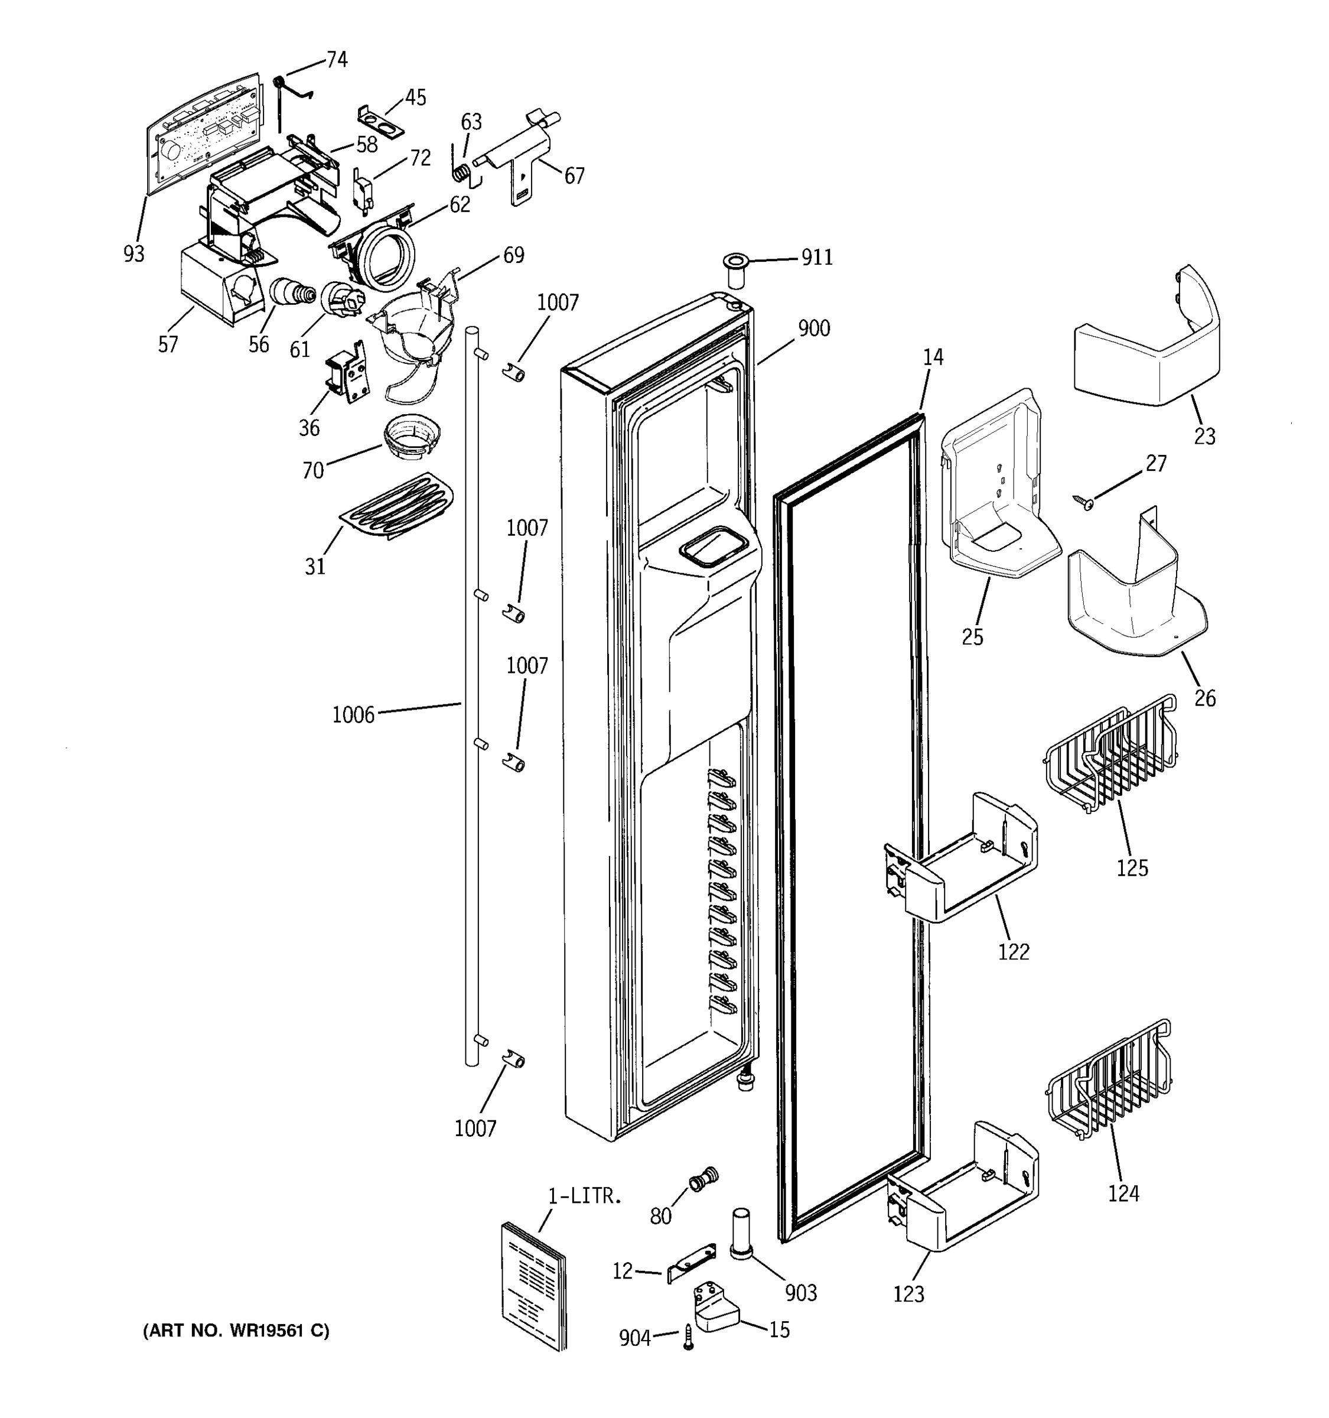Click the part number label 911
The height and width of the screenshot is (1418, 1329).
816,257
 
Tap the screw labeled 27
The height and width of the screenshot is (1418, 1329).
1086,503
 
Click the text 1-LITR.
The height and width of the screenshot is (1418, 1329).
585,1197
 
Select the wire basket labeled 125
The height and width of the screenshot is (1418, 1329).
1109,757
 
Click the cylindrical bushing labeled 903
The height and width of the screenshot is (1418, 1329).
741,1235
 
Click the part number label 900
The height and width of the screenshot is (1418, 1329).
813,329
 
